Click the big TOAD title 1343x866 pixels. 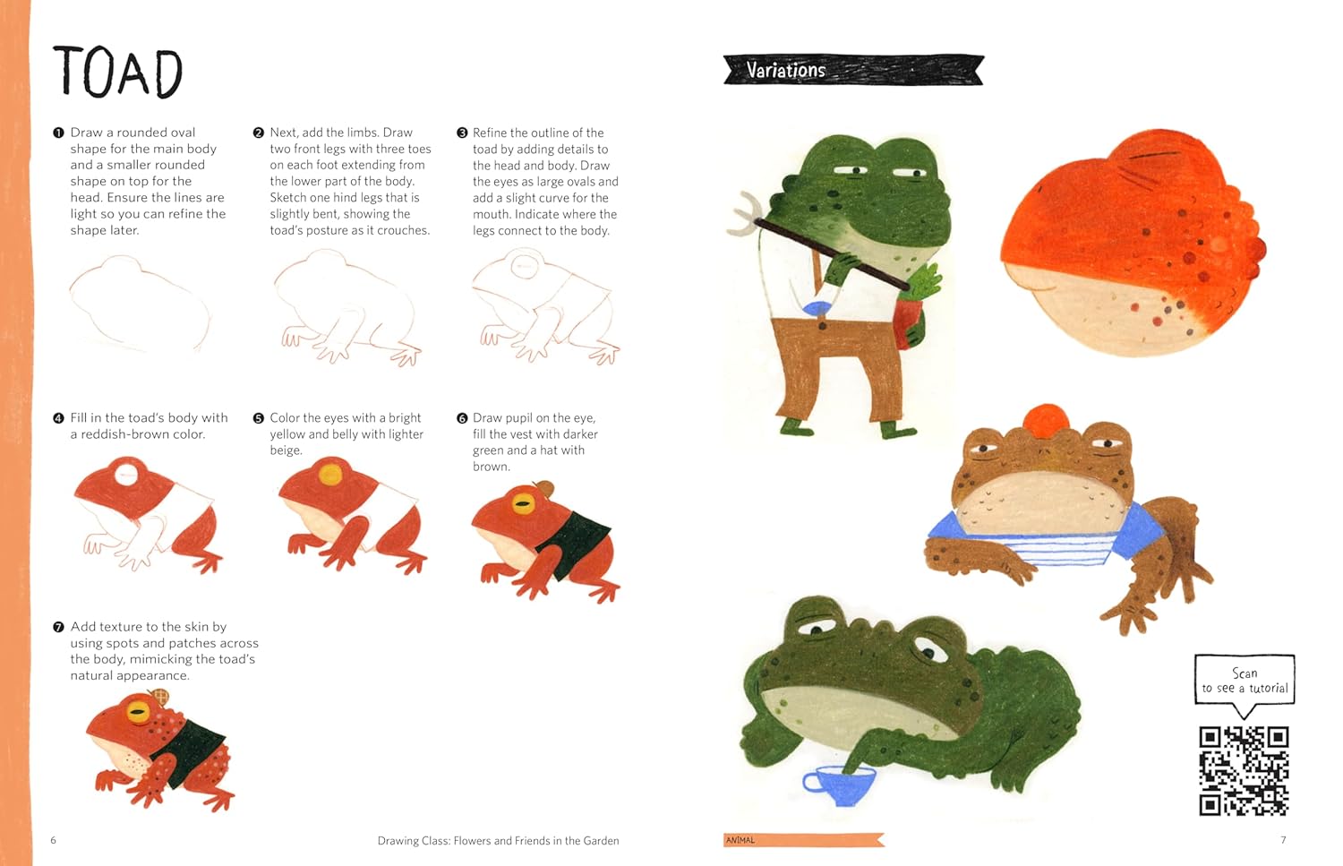point(117,72)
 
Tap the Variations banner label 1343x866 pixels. point(786,70)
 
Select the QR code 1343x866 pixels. point(1245,771)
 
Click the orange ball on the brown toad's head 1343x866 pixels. point(1047,419)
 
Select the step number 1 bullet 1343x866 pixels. point(58,133)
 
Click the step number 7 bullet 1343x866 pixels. point(58,627)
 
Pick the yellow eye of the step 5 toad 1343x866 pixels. point(330,474)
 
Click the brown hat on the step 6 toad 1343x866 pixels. point(544,487)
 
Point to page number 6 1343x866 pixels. point(54,840)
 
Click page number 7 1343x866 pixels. point(1284,840)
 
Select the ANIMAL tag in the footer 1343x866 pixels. point(740,840)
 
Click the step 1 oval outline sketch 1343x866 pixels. point(140,304)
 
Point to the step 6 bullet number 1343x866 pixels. point(462,418)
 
